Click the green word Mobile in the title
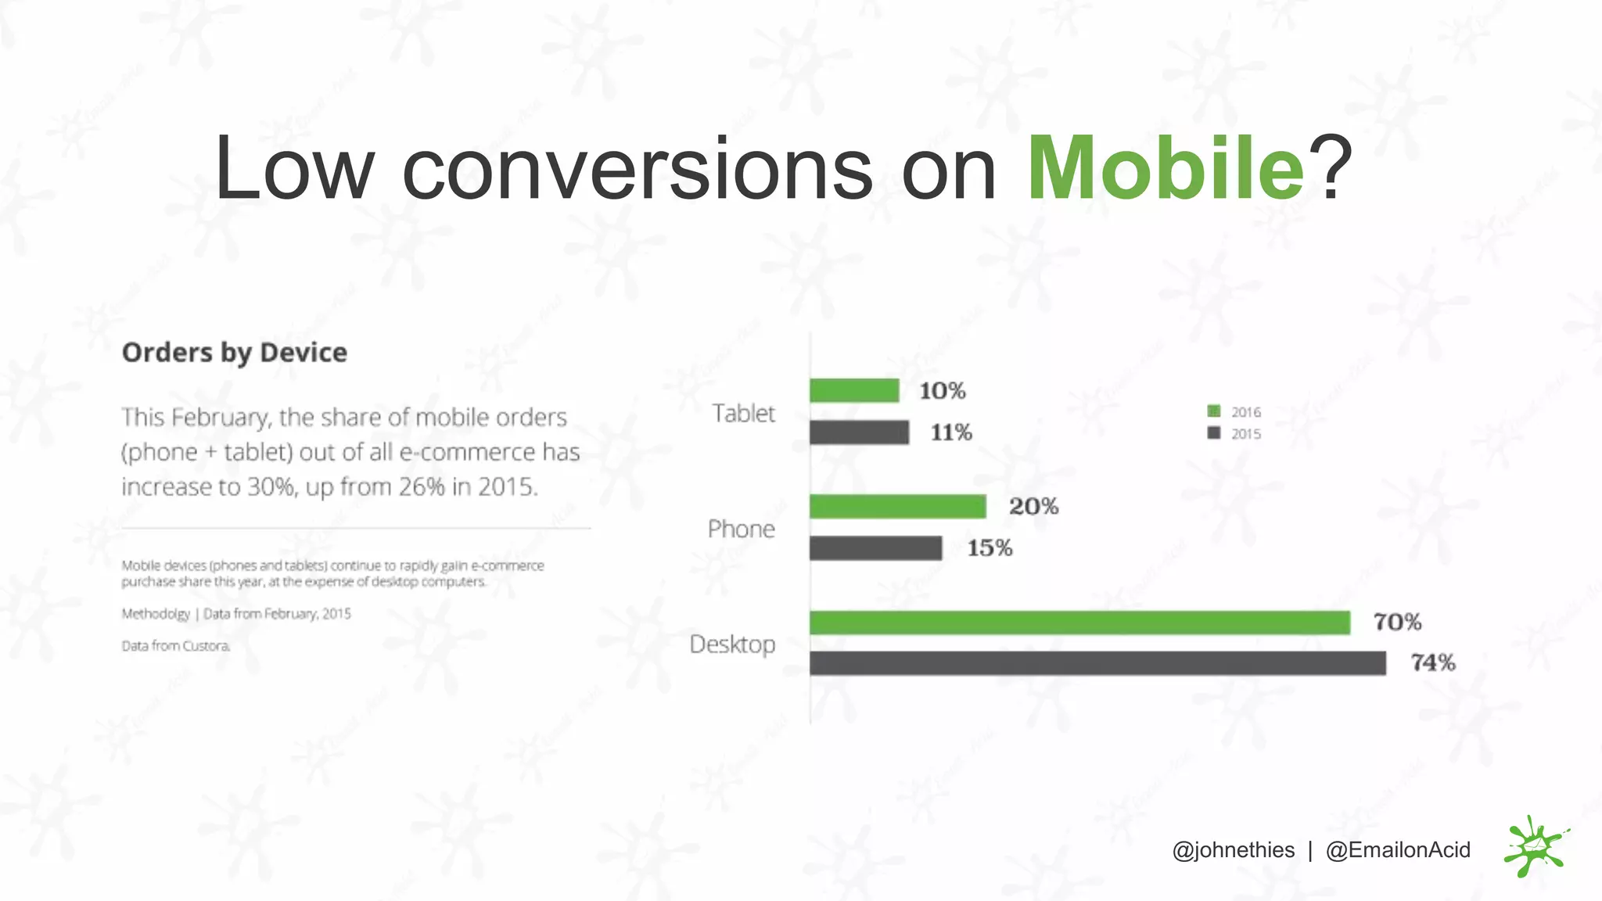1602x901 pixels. pyautogui.click(x=1166, y=169)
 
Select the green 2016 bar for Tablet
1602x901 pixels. pyautogui.click(x=854, y=390)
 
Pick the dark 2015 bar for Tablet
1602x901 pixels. pyautogui.click(x=859, y=433)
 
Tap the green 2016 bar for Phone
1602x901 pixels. pyautogui.click(x=897, y=507)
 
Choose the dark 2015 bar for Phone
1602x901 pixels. pyautogui.click(x=875, y=548)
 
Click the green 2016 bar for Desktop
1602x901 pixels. pyautogui.click(x=1079, y=623)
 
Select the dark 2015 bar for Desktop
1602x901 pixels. pyautogui.click(x=1097, y=663)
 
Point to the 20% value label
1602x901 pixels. pyautogui.click(x=1033, y=507)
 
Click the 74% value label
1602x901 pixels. pyautogui.click(x=1433, y=663)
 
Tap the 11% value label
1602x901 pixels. pyautogui.click(x=951, y=433)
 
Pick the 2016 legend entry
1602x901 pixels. pyautogui.click(x=1236, y=412)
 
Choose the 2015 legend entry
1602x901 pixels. pyautogui.click(x=1236, y=434)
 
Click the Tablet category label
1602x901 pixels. pyautogui.click(x=743, y=413)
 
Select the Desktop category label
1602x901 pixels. pyautogui.click(x=732, y=644)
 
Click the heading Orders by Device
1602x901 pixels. pyautogui.click(x=234, y=353)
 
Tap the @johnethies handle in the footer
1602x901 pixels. pyautogui.click(x=1233, y=850)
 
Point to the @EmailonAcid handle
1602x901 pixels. pyautogui.click(x=1398, y=850)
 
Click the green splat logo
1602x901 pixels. pyautogui.click(x=1534, y=848)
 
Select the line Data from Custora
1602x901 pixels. pyautogui.click(x=175, y=646)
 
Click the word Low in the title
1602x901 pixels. pyautogui.click(x=294, y=169)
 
